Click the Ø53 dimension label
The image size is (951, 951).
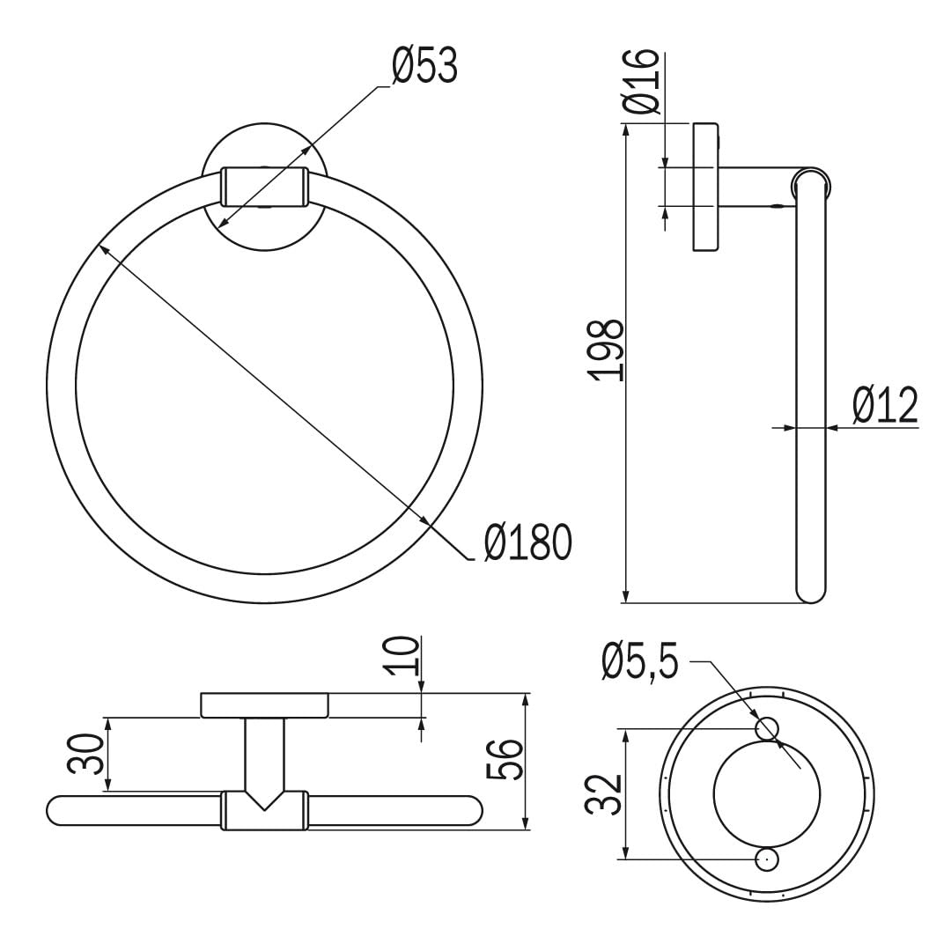click(x=424, y=65)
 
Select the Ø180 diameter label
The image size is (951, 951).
click(x=528, y=542)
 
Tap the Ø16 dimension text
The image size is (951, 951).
click(x=640, y=81)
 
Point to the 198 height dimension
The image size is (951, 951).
click(x=607, y=350)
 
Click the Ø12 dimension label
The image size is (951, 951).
click(x=885, y=405)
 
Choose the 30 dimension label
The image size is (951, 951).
click(x=85, y=754)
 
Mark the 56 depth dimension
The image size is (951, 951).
click(x=505, y=759)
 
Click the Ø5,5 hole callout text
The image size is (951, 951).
click(x=640, y=663)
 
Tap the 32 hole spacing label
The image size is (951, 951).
click(x=605, y=794)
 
